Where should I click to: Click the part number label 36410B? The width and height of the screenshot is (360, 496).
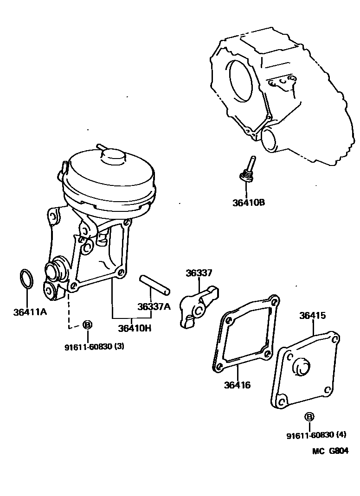[248, 203]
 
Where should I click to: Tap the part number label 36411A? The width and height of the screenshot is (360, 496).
[30, 312]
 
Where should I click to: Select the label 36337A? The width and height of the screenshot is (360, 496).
[154, 306]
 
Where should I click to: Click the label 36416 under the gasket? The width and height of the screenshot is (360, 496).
[237, 384]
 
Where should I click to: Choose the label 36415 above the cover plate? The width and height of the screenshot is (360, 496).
[312, 316]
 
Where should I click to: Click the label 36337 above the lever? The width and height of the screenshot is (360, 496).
[199, 273]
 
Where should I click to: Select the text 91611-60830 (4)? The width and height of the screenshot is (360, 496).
[316, 435]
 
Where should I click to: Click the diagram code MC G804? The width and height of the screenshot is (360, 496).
[330, 451]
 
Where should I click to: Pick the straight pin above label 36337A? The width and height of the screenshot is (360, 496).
[155, 285]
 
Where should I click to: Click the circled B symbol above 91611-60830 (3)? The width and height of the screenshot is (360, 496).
[87, 324]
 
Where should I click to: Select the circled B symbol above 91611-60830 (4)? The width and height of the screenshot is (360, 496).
[309, 417]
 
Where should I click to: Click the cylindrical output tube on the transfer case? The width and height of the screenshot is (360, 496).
[271, 140]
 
